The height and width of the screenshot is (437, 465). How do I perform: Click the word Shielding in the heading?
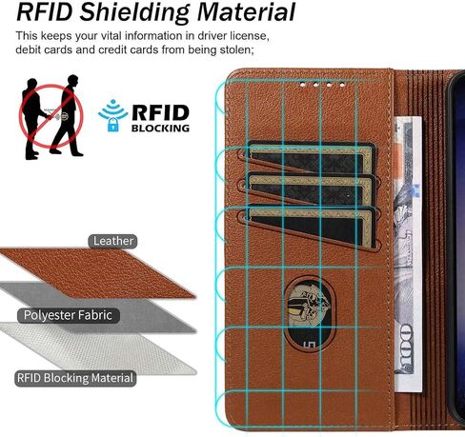(135, 12)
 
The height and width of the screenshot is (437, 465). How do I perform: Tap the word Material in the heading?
(246, 11)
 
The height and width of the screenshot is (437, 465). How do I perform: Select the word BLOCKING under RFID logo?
(160, 129)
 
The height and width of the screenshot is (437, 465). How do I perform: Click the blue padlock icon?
(113, 125)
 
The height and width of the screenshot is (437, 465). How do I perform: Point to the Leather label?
(113, 241)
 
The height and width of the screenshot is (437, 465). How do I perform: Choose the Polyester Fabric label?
(68, 315)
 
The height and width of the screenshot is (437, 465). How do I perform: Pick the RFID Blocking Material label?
(75, 378)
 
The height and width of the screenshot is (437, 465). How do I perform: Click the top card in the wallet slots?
(310, 158)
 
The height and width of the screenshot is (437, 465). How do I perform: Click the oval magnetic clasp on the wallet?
(310, 314)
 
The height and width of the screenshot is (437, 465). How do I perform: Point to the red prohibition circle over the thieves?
(51, 116)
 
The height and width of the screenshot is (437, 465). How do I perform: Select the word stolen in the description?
(234, 50)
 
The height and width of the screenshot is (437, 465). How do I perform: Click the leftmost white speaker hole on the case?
(302, 85)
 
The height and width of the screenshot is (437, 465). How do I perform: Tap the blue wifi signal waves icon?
(113, 109)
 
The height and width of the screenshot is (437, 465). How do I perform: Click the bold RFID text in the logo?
(160, 113)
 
